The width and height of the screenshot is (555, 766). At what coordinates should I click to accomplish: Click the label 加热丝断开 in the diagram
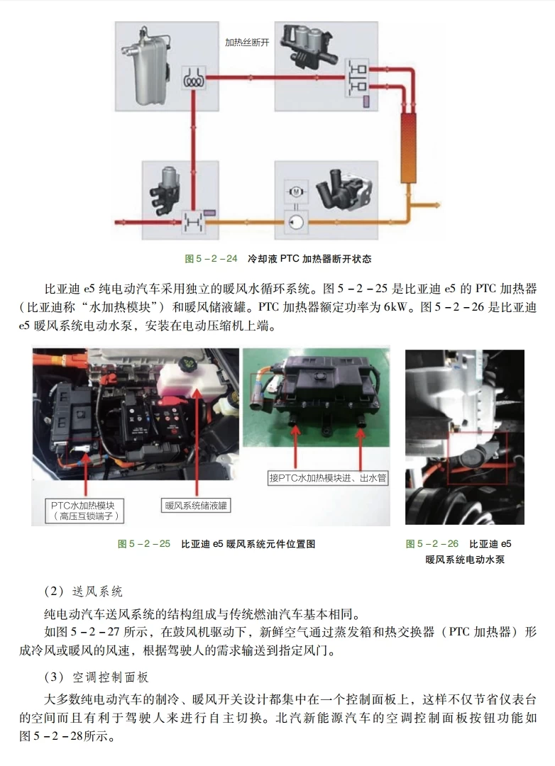coord(247,43)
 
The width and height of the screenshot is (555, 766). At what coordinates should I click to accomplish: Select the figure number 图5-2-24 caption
coord(211,259)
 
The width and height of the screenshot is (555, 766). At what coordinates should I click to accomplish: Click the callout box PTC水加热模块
coord(87,510)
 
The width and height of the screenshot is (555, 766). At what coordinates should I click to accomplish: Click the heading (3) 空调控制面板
coord(97,678)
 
